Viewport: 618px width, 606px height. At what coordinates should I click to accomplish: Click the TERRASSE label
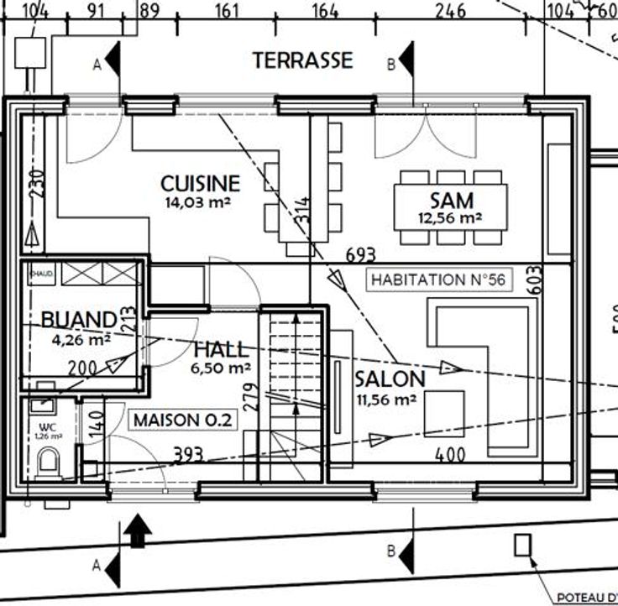tap(302, 60)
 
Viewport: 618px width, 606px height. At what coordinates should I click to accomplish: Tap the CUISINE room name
tap(201, 183)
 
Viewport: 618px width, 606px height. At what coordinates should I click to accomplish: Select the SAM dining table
tap(451, 201)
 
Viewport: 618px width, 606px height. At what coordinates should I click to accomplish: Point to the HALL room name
tap(221, 349)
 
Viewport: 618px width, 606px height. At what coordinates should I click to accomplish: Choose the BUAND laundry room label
tap(78, 320)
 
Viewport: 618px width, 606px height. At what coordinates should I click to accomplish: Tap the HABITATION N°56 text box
tap(438, 279)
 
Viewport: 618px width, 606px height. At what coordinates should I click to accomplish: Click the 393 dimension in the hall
tap(189, 454)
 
